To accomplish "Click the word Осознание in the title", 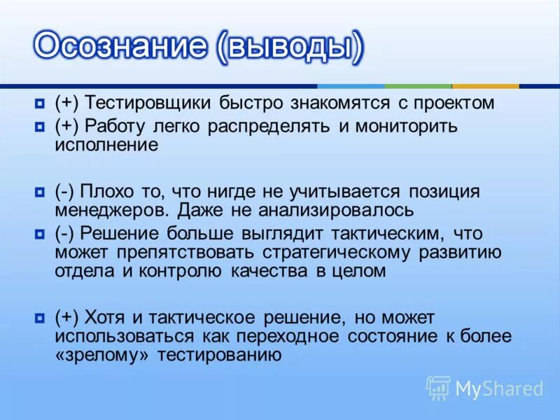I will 118,46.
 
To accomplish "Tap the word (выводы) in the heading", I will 290,46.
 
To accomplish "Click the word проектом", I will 454,103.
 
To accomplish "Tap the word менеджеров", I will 113,209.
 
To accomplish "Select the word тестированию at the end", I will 220,354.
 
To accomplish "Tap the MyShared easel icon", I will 438,388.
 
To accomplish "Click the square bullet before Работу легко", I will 39,127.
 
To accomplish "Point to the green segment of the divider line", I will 417,86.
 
